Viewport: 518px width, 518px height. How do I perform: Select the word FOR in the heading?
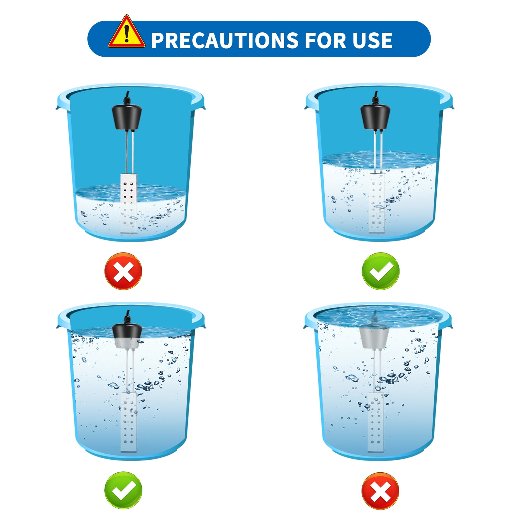point(324,40)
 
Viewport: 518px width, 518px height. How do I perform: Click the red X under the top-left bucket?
point(123,271)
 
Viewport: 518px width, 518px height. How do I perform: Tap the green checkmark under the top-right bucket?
point(380,271)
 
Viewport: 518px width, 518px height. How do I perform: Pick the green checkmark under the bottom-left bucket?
point(123,490)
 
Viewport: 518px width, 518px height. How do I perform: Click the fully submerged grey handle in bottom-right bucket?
point(374,337)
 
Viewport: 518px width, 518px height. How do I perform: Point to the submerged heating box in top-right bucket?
point(377,202)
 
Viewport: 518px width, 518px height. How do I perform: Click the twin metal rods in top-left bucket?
point(129,152)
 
